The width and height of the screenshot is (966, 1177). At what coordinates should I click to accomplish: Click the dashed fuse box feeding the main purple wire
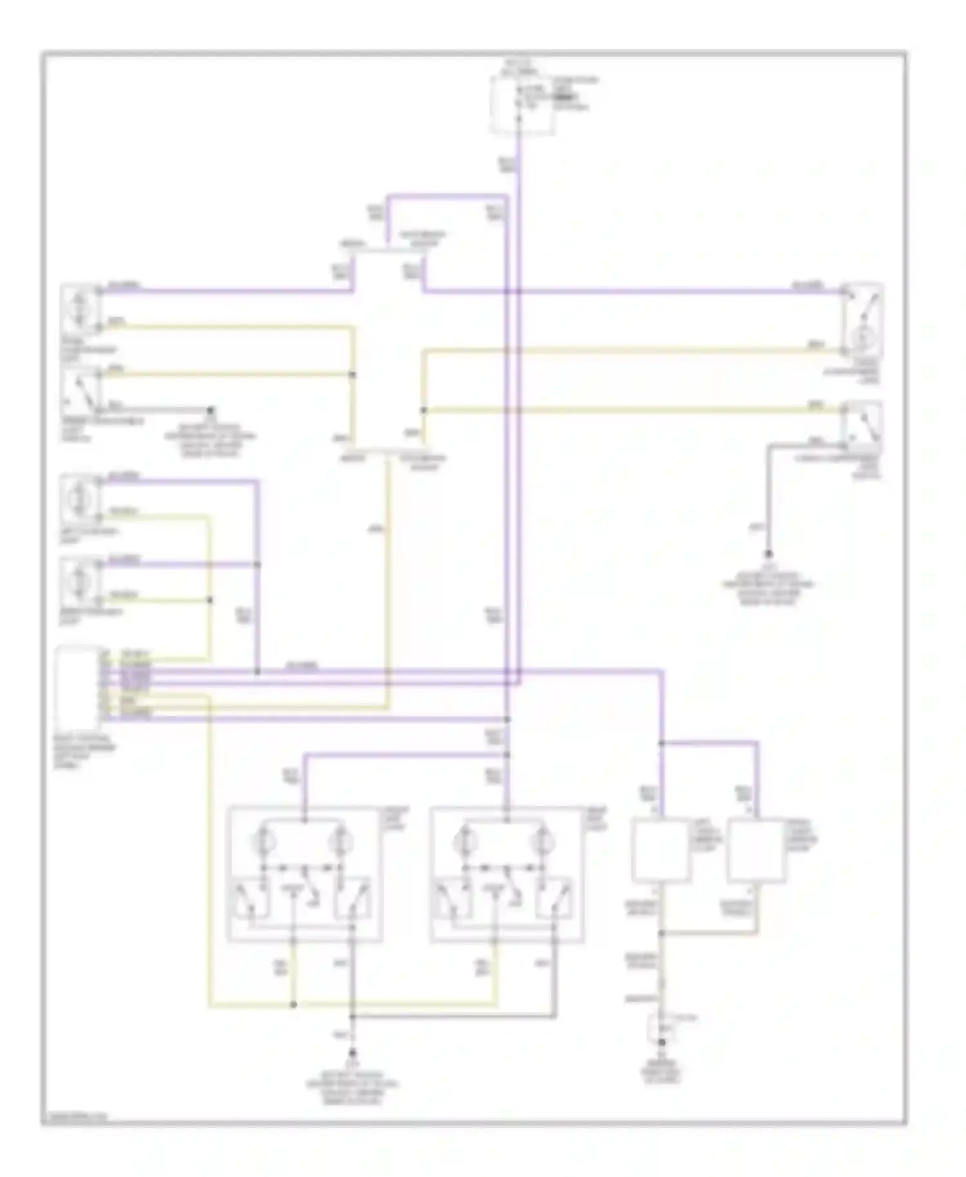(x=522, y=105)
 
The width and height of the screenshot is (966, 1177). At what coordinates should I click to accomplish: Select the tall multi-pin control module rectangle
(x=79, y=688)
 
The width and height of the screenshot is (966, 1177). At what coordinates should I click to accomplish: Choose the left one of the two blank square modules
(x=661, y=850)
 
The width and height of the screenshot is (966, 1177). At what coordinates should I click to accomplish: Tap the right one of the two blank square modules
(x=756, y=850)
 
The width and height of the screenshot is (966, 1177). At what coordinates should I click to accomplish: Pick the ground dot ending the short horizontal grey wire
(x=210, y=410)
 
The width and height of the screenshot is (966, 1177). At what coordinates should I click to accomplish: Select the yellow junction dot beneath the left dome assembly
(x=294, y=1004)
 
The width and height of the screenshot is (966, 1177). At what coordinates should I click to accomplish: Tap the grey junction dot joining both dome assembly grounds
(x=352, y=1017)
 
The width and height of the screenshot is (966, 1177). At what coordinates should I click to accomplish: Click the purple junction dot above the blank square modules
(x=661, y=744)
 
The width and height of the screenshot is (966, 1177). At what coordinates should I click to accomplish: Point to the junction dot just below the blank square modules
(x=661, y=932)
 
